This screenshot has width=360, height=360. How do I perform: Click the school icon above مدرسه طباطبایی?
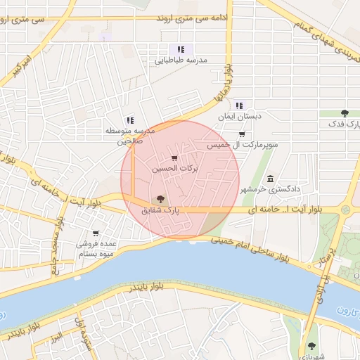[x=181, y=49]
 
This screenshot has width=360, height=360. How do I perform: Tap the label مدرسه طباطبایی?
[x=182, y=60]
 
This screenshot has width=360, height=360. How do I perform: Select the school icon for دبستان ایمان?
[x=239, y=105]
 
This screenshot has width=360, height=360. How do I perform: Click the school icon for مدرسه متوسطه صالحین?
[x=129, y=120]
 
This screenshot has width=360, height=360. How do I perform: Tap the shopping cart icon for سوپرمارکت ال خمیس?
[x=243, y=134]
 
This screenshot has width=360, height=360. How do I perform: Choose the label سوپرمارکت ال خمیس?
[x=243, y=145]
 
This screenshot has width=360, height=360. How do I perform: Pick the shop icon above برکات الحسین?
[x=174, y=158]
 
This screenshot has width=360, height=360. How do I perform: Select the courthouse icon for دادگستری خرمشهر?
[x=271, y=178]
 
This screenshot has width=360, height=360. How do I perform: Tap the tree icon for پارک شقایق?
[x=161, y=199]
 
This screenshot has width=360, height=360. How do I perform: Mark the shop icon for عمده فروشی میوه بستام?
[x=96, y=233]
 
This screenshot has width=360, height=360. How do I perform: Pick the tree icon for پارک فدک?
[x=345, y=112]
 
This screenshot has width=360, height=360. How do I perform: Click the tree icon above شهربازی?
[x=311, y=345]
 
